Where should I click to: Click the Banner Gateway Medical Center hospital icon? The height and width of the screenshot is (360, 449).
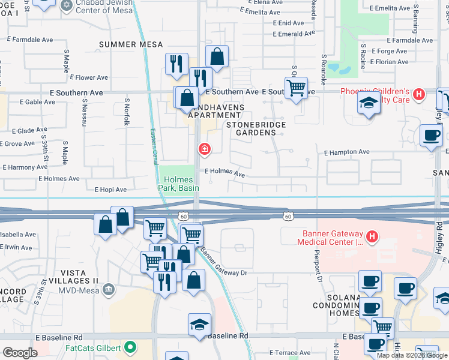coord(372,237)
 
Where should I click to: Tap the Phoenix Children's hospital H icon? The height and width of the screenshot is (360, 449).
coord(420,94)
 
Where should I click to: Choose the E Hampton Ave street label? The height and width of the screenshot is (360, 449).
coord(347,152)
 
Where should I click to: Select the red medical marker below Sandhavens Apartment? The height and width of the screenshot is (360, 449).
coord(205,148)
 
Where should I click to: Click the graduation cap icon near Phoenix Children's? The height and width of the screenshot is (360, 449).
coord(369,103)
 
